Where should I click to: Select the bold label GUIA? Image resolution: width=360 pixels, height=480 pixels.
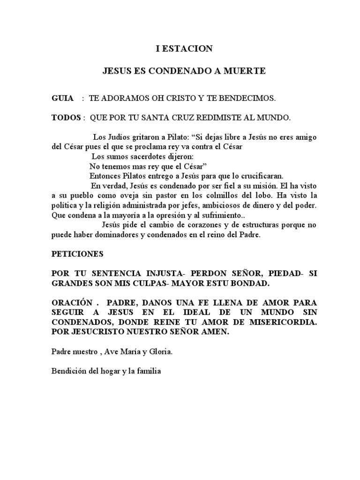tap(62, 98)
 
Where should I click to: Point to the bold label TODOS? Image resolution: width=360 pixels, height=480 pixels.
tap(66, 118)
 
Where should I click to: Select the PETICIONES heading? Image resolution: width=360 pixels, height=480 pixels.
tap(77, 254)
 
